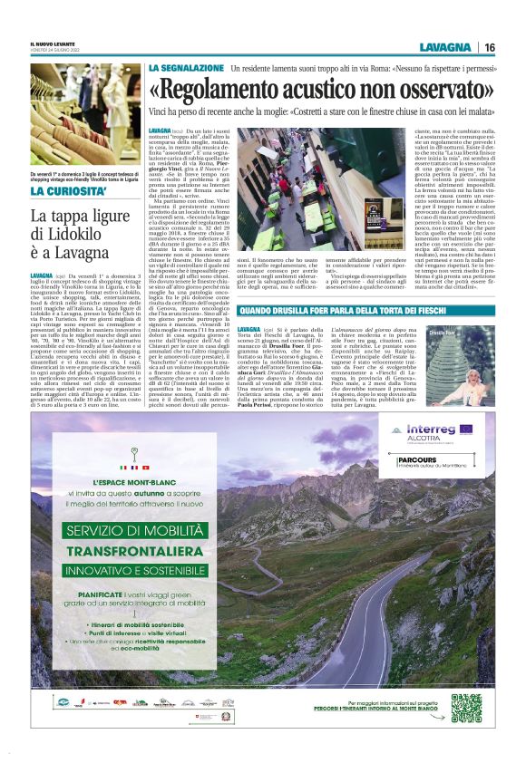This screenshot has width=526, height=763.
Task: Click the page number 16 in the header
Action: point(489,47)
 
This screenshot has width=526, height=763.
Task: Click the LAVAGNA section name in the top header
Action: point(445,47)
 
